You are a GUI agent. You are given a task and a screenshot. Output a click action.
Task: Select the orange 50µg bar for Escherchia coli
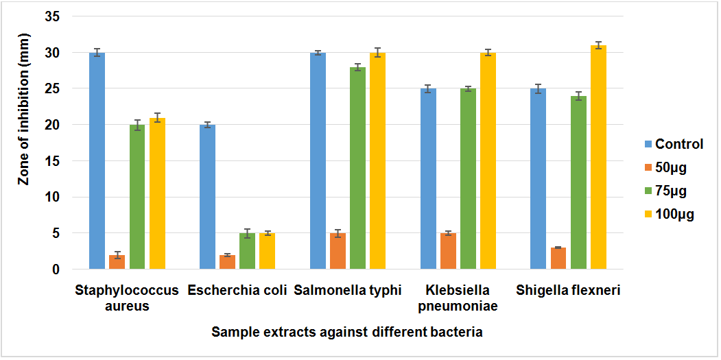(227, 262)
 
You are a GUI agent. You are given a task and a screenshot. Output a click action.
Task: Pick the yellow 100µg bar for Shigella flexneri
(598, 158)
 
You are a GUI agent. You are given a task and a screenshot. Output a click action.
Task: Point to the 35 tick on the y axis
(52, 16)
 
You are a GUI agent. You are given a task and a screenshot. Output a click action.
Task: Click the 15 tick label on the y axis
(52, 161)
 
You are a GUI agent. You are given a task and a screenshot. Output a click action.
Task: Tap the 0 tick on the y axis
(56, 269)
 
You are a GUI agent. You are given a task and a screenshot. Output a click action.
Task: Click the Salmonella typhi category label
(348, 290)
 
